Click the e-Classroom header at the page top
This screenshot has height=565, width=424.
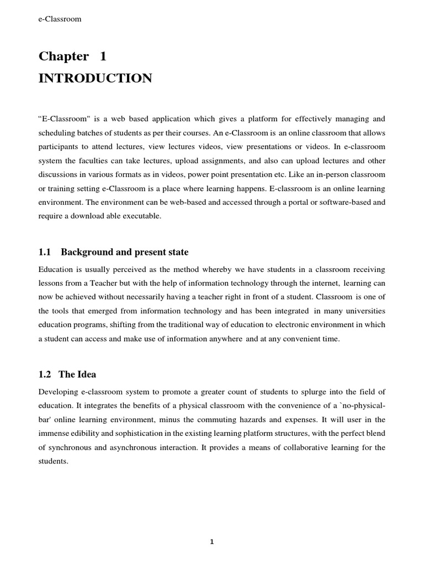click(x=60, y=19)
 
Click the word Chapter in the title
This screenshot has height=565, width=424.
click(x=63, y=56)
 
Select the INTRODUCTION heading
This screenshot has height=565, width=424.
click(x=95, y=78)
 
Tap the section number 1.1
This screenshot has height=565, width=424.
click(x=45, y=252)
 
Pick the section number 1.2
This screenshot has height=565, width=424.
click(x=45, y=374)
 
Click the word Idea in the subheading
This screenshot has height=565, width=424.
click(x=86, y=374)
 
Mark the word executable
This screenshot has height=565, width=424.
click(x=142, y=216)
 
